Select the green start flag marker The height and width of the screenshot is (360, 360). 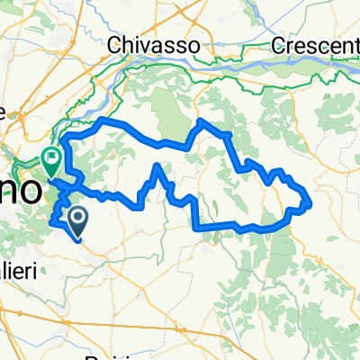click(x=52, y=160)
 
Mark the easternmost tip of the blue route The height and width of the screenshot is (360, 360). click(x=310, y=202)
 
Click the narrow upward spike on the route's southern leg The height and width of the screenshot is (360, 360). click(x=159, y=166)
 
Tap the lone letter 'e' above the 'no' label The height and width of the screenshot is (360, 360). click(x=4, y=112)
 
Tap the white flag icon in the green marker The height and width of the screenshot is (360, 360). click(x=52, y=157)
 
